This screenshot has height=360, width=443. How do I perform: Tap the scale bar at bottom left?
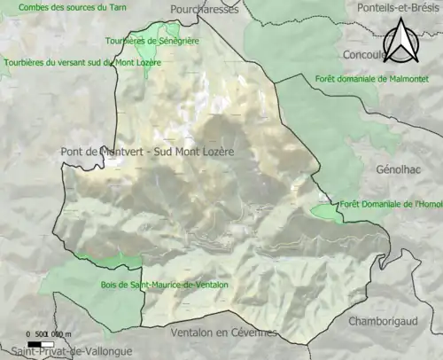[x=41, y=343]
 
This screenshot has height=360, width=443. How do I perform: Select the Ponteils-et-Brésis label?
[x=397, y=7]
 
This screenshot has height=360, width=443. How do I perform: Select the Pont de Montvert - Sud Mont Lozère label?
[x=147, y=152]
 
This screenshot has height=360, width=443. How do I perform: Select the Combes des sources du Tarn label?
[x=61, y=7]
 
